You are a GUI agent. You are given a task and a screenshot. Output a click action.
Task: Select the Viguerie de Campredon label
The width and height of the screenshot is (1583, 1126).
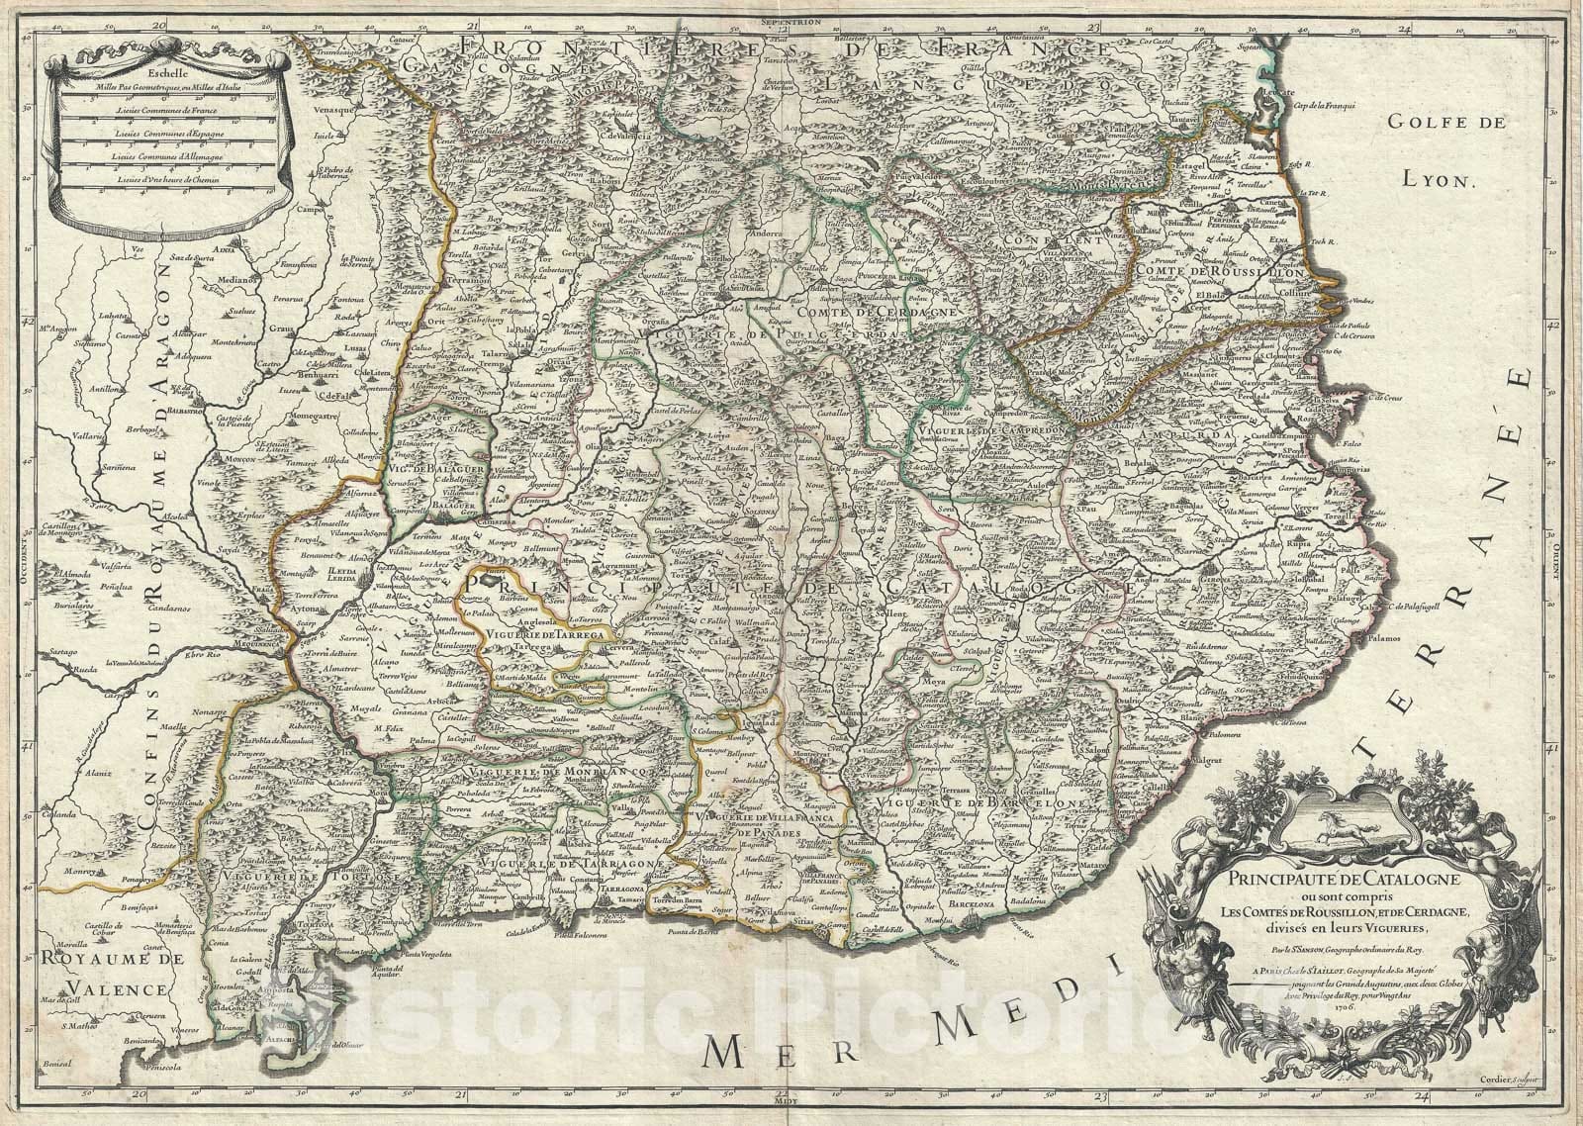(980, 432)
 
